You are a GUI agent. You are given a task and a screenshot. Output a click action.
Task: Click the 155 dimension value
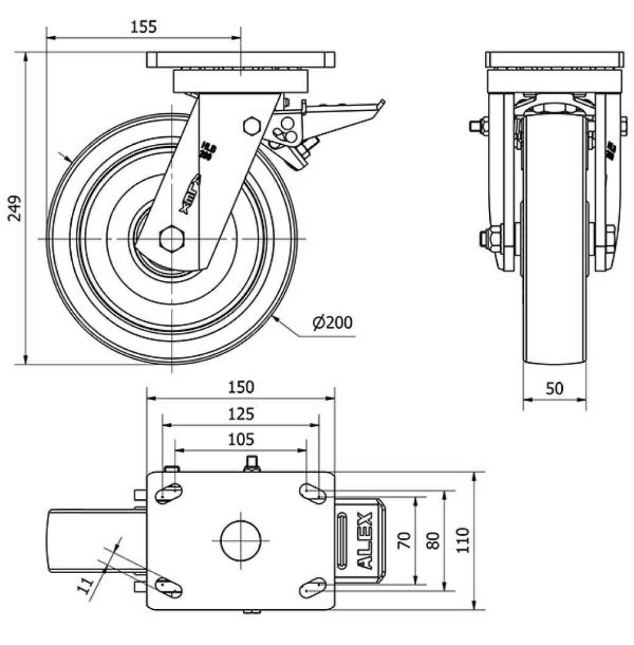point(144,27)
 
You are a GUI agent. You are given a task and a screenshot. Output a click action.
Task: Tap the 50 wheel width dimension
point(554,388)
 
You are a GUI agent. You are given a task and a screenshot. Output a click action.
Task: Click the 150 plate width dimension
point(241,387)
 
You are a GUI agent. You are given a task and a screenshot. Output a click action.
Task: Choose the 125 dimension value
point(241,414)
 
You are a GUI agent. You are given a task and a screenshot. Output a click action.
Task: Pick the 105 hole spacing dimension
point(241,439)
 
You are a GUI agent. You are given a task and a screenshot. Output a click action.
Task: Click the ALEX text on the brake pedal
point(364,540)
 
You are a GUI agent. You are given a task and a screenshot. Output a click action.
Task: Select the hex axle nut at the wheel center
point(172,238)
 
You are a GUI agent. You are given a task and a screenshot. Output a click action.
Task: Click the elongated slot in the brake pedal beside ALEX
point(343,540)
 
